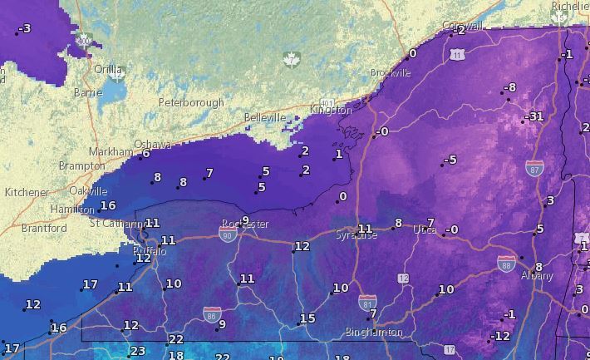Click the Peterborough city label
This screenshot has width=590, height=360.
click(x=191, y=103)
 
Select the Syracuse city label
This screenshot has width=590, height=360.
click(x=356, y=235)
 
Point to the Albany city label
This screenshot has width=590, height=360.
click(x=536, y=275)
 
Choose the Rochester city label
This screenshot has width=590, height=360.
click(x=245, y=224)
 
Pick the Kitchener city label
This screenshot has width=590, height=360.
click(x=27, y=192)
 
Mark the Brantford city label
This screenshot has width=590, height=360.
click(x=44, y=228)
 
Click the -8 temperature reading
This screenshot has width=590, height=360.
click(x=509, y=87)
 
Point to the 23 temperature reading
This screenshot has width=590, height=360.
click(x=137, y=351)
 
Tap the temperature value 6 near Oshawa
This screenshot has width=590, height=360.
click(x=145, y=153)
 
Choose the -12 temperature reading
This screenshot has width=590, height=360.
click(x=500, y=336)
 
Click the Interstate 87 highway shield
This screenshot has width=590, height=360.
click(x=534, y=169)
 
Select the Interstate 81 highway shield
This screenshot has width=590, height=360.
click(x=366, y=301)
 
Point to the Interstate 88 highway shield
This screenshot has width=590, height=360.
click(x=506, y=263)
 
